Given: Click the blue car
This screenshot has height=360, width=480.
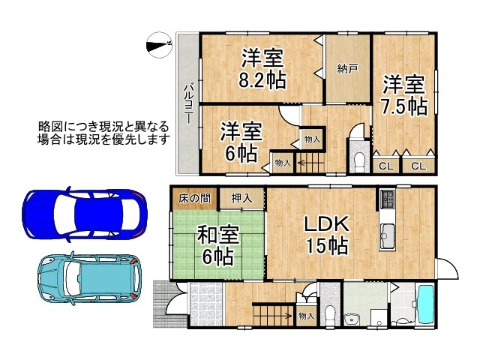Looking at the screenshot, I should (85, 213).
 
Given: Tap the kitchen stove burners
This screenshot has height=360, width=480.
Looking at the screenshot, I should (388, 199).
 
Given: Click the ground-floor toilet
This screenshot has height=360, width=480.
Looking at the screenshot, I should (331, 313).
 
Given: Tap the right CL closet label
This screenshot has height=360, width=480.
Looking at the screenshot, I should (418, 166).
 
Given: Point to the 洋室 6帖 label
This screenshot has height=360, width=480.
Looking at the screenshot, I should (241, 142).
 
